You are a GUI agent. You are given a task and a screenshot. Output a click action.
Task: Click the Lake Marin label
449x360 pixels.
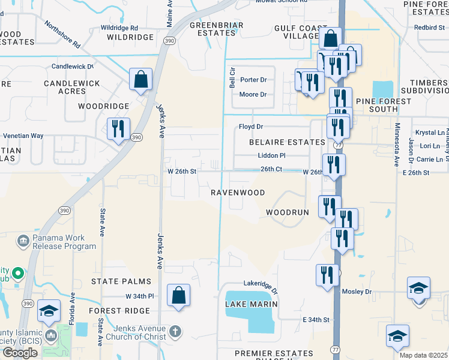tap(251, 304)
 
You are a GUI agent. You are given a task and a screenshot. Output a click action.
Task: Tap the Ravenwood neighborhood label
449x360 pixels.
tap(238, 193)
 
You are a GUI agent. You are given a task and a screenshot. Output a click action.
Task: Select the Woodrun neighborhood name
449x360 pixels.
tap(287, 213)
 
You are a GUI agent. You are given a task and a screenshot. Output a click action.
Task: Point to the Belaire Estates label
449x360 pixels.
tap(288, 142)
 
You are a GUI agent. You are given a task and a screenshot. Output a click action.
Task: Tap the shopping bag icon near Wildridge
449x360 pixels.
tap(140, 80)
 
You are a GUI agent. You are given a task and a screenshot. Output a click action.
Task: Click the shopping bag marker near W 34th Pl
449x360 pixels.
tap(178, 296)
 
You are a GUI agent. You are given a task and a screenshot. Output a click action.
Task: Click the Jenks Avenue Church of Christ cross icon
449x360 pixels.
tap(175, 332)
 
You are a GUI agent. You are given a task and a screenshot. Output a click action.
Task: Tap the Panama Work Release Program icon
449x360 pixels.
tap(23, 242)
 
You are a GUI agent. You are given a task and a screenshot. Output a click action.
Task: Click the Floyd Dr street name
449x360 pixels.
tap(251, 127)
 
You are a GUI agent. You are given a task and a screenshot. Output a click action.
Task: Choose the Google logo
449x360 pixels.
tap(20, 353)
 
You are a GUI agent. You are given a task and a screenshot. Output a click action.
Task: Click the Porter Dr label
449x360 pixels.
tap(253, 80)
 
